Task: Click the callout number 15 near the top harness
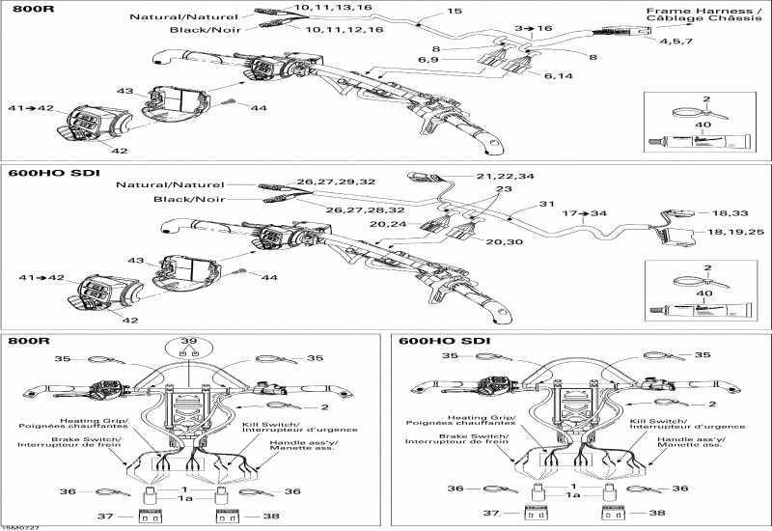(x=455, y=12)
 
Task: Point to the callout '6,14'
(x=559, y=75)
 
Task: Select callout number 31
(x=547, y=204)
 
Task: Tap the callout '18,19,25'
(x=735, y=233)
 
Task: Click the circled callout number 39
(x=188, y=343)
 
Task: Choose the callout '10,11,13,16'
(x=332, y=8)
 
